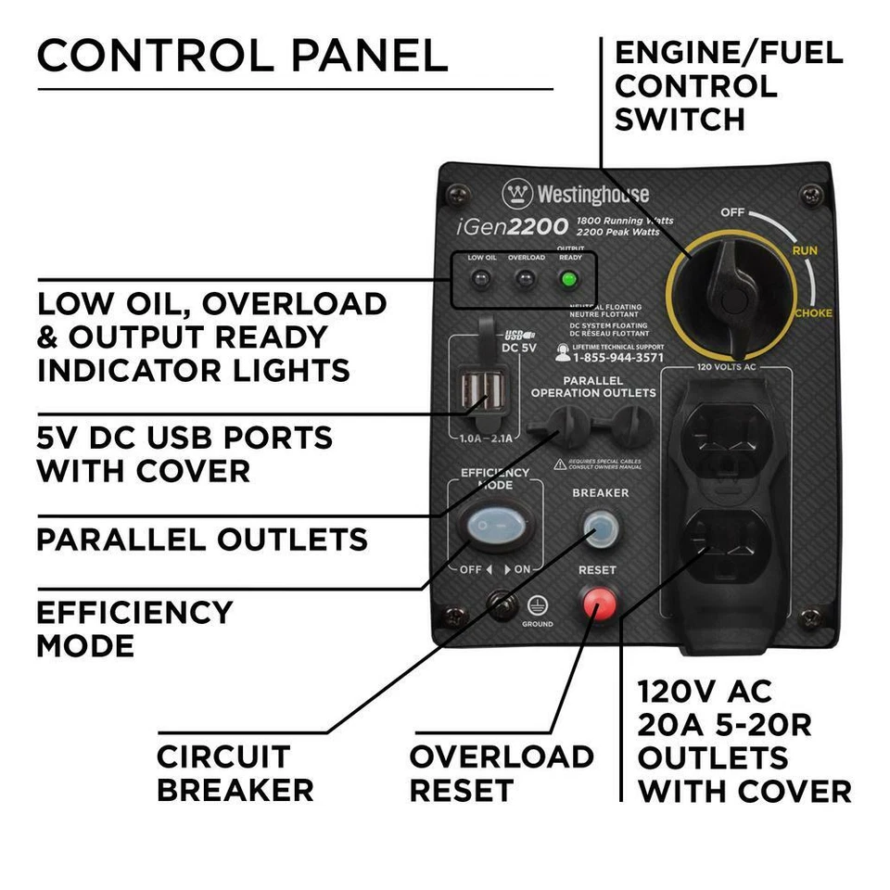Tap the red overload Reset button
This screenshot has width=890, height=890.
598,603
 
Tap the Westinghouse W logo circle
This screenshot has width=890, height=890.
517,194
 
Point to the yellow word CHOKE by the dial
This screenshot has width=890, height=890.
812,313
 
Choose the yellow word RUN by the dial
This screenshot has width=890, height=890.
804,250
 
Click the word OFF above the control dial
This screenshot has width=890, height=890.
732,212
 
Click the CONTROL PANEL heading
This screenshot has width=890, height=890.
242,56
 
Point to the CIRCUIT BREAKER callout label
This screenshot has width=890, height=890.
235,773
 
